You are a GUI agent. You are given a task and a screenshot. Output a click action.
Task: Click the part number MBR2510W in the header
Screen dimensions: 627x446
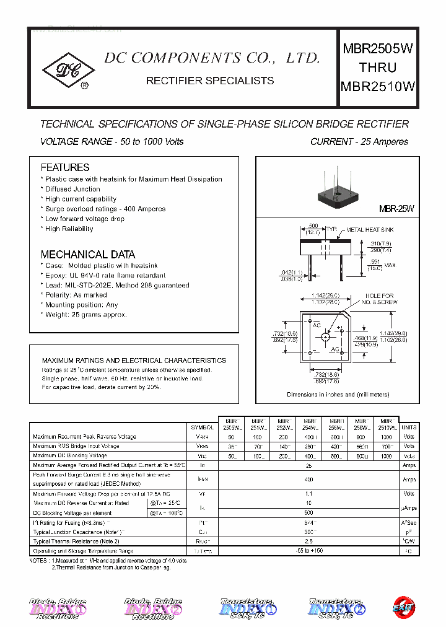(378, 87)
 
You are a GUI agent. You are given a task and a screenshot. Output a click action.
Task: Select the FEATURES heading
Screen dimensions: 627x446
(65, 167)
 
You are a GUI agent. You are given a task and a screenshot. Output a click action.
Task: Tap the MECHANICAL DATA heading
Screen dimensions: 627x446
(87, 254)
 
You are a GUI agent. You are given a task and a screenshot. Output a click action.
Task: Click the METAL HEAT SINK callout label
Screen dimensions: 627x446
(369, 230)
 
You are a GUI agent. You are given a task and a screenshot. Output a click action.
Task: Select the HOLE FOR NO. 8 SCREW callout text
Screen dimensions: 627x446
(379, 299)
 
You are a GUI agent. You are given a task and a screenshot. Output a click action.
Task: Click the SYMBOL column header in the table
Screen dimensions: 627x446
(203, 427)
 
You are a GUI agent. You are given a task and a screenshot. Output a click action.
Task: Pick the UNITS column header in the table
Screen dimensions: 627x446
(409, 427)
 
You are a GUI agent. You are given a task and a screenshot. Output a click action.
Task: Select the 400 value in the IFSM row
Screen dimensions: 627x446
(308, 479)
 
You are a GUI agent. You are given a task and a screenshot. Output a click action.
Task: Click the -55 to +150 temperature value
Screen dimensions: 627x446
(308, 551)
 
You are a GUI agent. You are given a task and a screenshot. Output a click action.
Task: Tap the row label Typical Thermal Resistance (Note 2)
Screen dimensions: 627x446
(76, 541)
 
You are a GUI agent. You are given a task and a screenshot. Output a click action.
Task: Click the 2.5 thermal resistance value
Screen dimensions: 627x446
(308, 541)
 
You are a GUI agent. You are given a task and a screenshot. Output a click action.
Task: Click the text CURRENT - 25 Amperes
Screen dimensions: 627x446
(359, 142)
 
